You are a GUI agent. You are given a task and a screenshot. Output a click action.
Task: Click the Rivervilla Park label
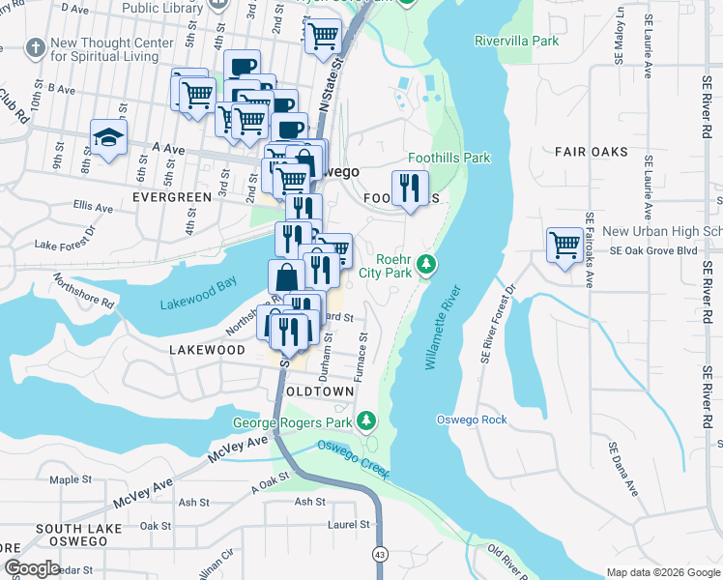coord(517,41)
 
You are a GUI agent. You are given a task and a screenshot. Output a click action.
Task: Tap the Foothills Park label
coord(448,159)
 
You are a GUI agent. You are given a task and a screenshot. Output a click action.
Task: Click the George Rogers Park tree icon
coord(366,421)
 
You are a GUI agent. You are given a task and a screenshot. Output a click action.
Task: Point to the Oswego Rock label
coord(472,420)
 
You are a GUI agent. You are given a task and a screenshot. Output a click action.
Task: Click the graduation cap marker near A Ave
coord(108,139)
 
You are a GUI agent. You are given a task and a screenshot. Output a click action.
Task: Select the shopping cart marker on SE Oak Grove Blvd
coord(564,243)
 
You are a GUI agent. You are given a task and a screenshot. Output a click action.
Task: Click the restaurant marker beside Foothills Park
coord(410,187)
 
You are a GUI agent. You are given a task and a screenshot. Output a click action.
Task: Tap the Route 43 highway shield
coord(380,554)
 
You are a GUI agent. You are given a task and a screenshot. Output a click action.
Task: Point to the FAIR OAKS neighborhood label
coord(592,152)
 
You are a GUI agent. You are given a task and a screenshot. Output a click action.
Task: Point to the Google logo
coord(31,568)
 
